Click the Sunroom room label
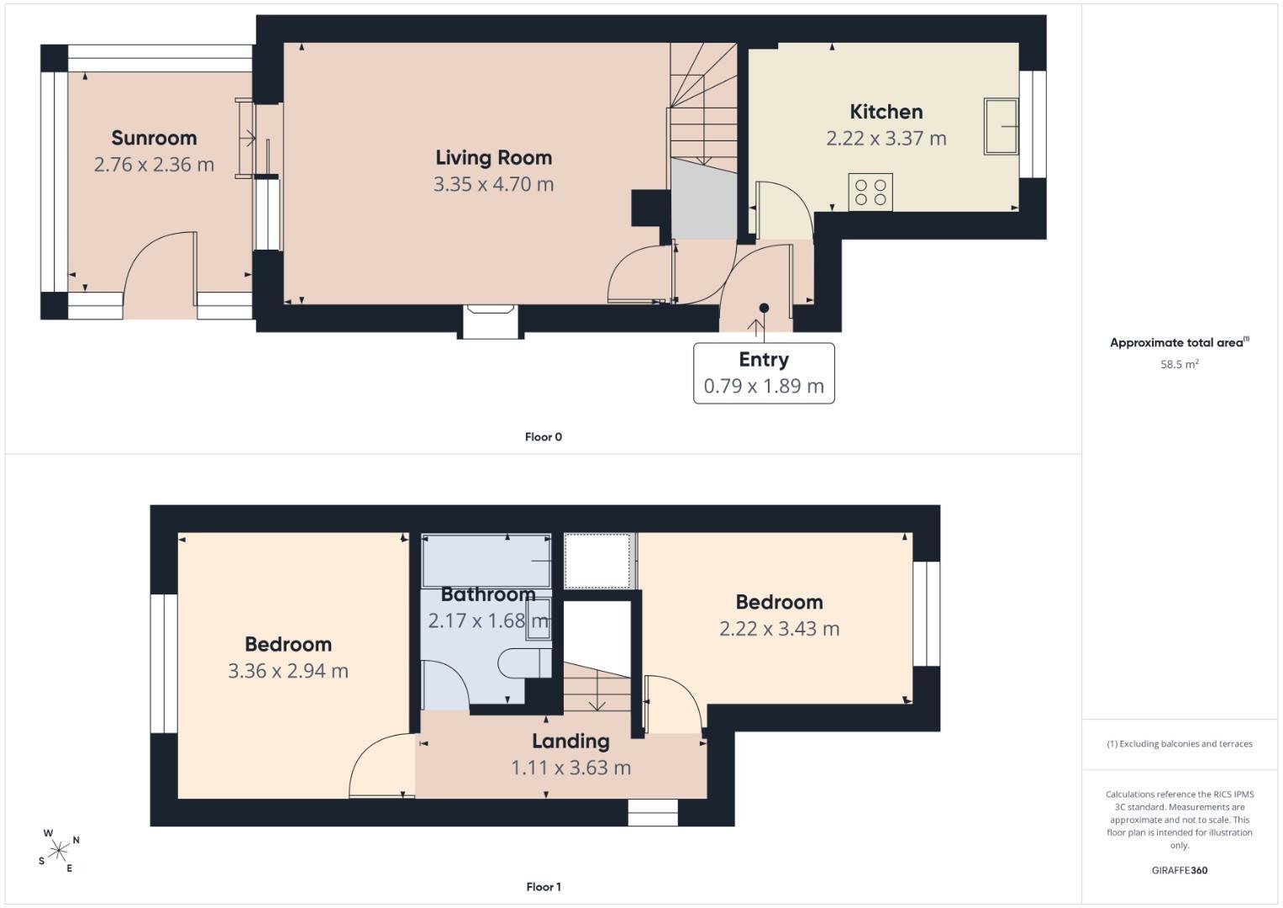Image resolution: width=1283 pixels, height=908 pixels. tap(154, 138)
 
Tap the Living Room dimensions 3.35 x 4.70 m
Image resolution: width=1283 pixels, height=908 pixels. tap(494, 184)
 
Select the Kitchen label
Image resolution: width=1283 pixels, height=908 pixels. tap(886, 112)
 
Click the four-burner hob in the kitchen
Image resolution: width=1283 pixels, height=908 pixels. tap(870, 192)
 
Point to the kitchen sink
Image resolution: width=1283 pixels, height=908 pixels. tap(1001, 127)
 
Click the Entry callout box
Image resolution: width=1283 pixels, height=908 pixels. tap(764, 373)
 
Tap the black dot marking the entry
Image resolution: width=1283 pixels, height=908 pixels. tap(764, 308)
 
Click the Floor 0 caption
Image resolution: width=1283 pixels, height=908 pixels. tap(544, 437)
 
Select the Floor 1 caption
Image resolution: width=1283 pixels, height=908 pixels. tap(544, 887)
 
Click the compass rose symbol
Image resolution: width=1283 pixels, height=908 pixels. tap(59, 850)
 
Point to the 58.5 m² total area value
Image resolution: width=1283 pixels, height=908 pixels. tap(1180, 364)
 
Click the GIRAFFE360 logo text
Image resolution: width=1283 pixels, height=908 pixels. tap(1180, 870)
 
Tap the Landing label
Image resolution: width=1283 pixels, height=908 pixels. tap(571, 742)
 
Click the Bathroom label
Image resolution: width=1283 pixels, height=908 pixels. tap(488, 594)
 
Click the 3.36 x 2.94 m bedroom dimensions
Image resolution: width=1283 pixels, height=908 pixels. tap(288, 671)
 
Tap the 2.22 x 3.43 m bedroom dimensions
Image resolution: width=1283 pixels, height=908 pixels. tap(780, 629)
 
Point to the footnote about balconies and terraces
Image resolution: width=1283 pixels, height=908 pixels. tap(1180, 744)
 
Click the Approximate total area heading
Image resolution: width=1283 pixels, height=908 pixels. tap(1180, 342)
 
